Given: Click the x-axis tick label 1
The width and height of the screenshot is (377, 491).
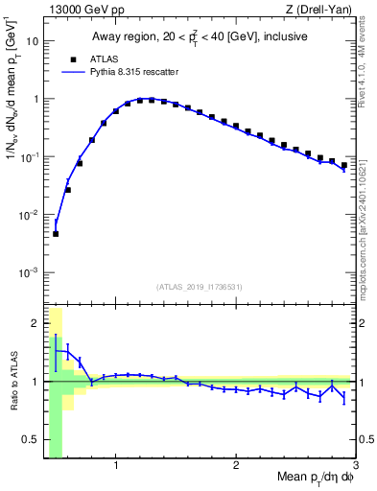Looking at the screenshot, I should tap(116, 467).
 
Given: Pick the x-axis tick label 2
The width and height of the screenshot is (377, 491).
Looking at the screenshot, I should tap(236, 467).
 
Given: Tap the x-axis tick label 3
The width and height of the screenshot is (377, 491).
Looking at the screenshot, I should tap(355, 467).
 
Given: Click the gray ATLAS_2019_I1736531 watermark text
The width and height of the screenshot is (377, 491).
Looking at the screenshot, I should tap(200, 286).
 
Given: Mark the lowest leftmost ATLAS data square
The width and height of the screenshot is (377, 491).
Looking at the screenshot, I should tap(56, 233).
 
